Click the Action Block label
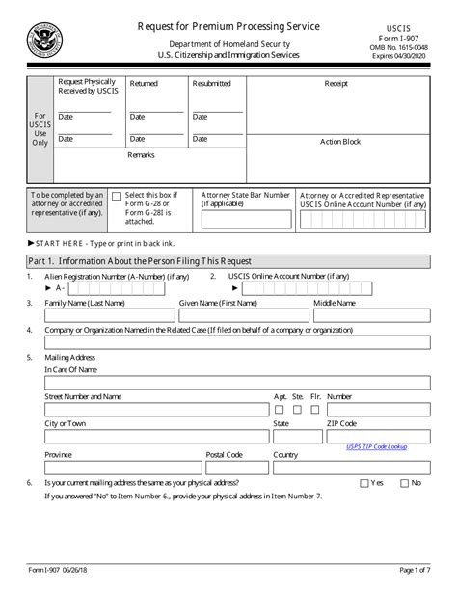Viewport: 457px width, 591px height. [339, 141]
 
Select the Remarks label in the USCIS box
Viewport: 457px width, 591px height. [141, 154]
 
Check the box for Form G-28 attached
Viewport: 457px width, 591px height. [117, 196]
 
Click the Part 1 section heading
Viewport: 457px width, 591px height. [141, 261]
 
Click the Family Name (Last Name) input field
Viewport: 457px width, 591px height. [110, 315]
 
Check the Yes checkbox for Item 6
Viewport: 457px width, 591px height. [363, 482]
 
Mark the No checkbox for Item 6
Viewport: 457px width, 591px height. [404, 482]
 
